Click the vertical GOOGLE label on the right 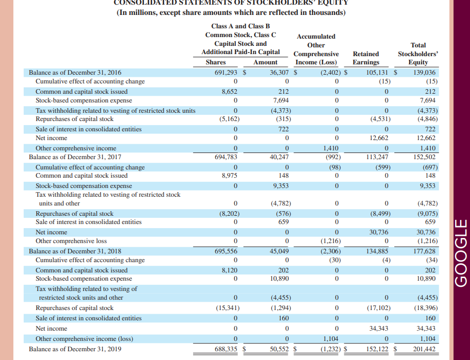click(x=460, y=253)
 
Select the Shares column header click(x=215, y=62)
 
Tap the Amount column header click(x=265, y=62)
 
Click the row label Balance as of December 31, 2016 click(x=75, y=73)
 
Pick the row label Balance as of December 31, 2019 click(x=75, y=349)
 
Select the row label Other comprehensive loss click(x=71, y=241)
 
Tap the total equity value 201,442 click(x=425, y=349)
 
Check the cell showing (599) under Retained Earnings click(x=382, y=167)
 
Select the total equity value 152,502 click(x=425, y=157)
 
